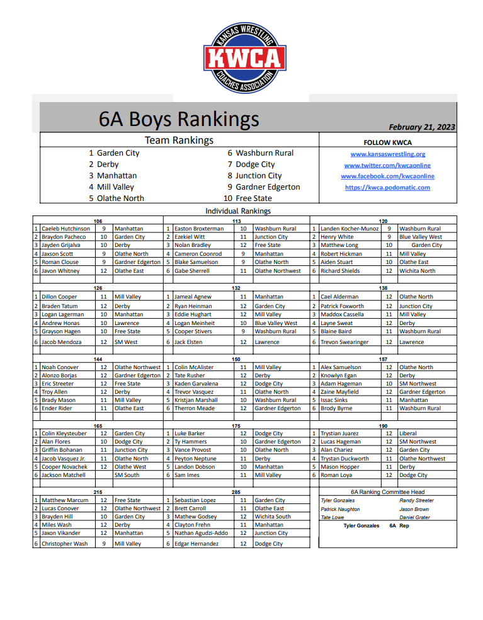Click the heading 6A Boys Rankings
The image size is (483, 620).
178,118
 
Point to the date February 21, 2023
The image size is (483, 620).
422,127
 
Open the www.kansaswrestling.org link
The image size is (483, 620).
387,154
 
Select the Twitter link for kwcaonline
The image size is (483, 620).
387,165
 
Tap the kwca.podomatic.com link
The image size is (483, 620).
387,187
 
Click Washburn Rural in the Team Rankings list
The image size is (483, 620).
264,153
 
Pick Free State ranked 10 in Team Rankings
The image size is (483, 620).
254,198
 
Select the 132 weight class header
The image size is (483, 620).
236,288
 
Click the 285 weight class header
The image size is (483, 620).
236,492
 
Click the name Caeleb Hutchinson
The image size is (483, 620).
65,229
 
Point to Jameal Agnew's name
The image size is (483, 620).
193,296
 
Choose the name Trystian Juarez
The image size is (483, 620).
339,433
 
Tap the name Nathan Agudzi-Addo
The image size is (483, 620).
201,533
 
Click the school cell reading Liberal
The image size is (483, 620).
408,433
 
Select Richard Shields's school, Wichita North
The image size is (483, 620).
417,271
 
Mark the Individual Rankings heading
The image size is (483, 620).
238,211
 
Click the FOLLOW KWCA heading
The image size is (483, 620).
387,142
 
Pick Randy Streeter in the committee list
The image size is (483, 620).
416,500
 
